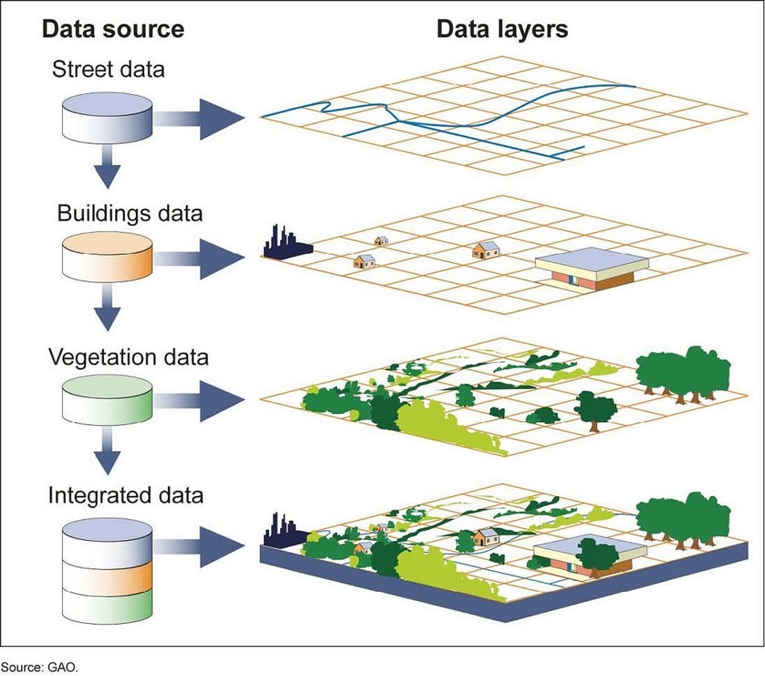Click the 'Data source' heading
pos(113,30)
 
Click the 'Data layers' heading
pos(502,30)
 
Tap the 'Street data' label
pos(108,69)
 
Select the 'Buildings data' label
pos(130,214)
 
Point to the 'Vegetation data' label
pos(129,356)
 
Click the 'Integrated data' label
pos(125,494)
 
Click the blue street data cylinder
pos(107,116)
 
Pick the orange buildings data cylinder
pos(107,257)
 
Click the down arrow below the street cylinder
pos(106,170)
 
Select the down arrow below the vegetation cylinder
pos(106,456)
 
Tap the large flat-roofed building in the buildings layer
pos(591,268)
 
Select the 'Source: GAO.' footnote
pos(40,666)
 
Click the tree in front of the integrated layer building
pos(595,554)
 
